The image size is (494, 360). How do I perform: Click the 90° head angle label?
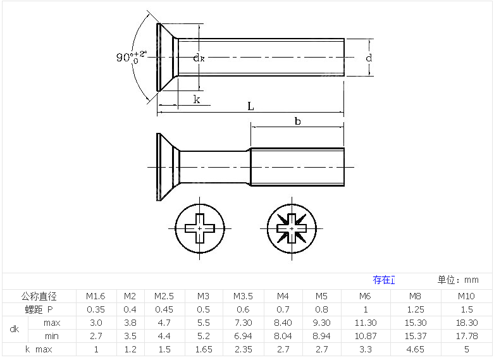pos(132,57)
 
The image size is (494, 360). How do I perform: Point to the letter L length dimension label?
pos(250,106)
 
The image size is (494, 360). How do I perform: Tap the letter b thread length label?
pos(297,121)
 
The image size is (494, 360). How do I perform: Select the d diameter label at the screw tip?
pos(369,58)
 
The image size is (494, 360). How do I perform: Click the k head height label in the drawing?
pos(197,99)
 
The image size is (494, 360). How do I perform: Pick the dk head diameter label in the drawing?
pos(199,58)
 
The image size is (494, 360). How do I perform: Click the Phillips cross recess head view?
pos(200,228)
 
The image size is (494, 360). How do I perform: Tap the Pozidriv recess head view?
pos(292,228)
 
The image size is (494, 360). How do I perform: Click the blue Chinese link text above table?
pos(384,280)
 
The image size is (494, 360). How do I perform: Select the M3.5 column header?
pos(243,296)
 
